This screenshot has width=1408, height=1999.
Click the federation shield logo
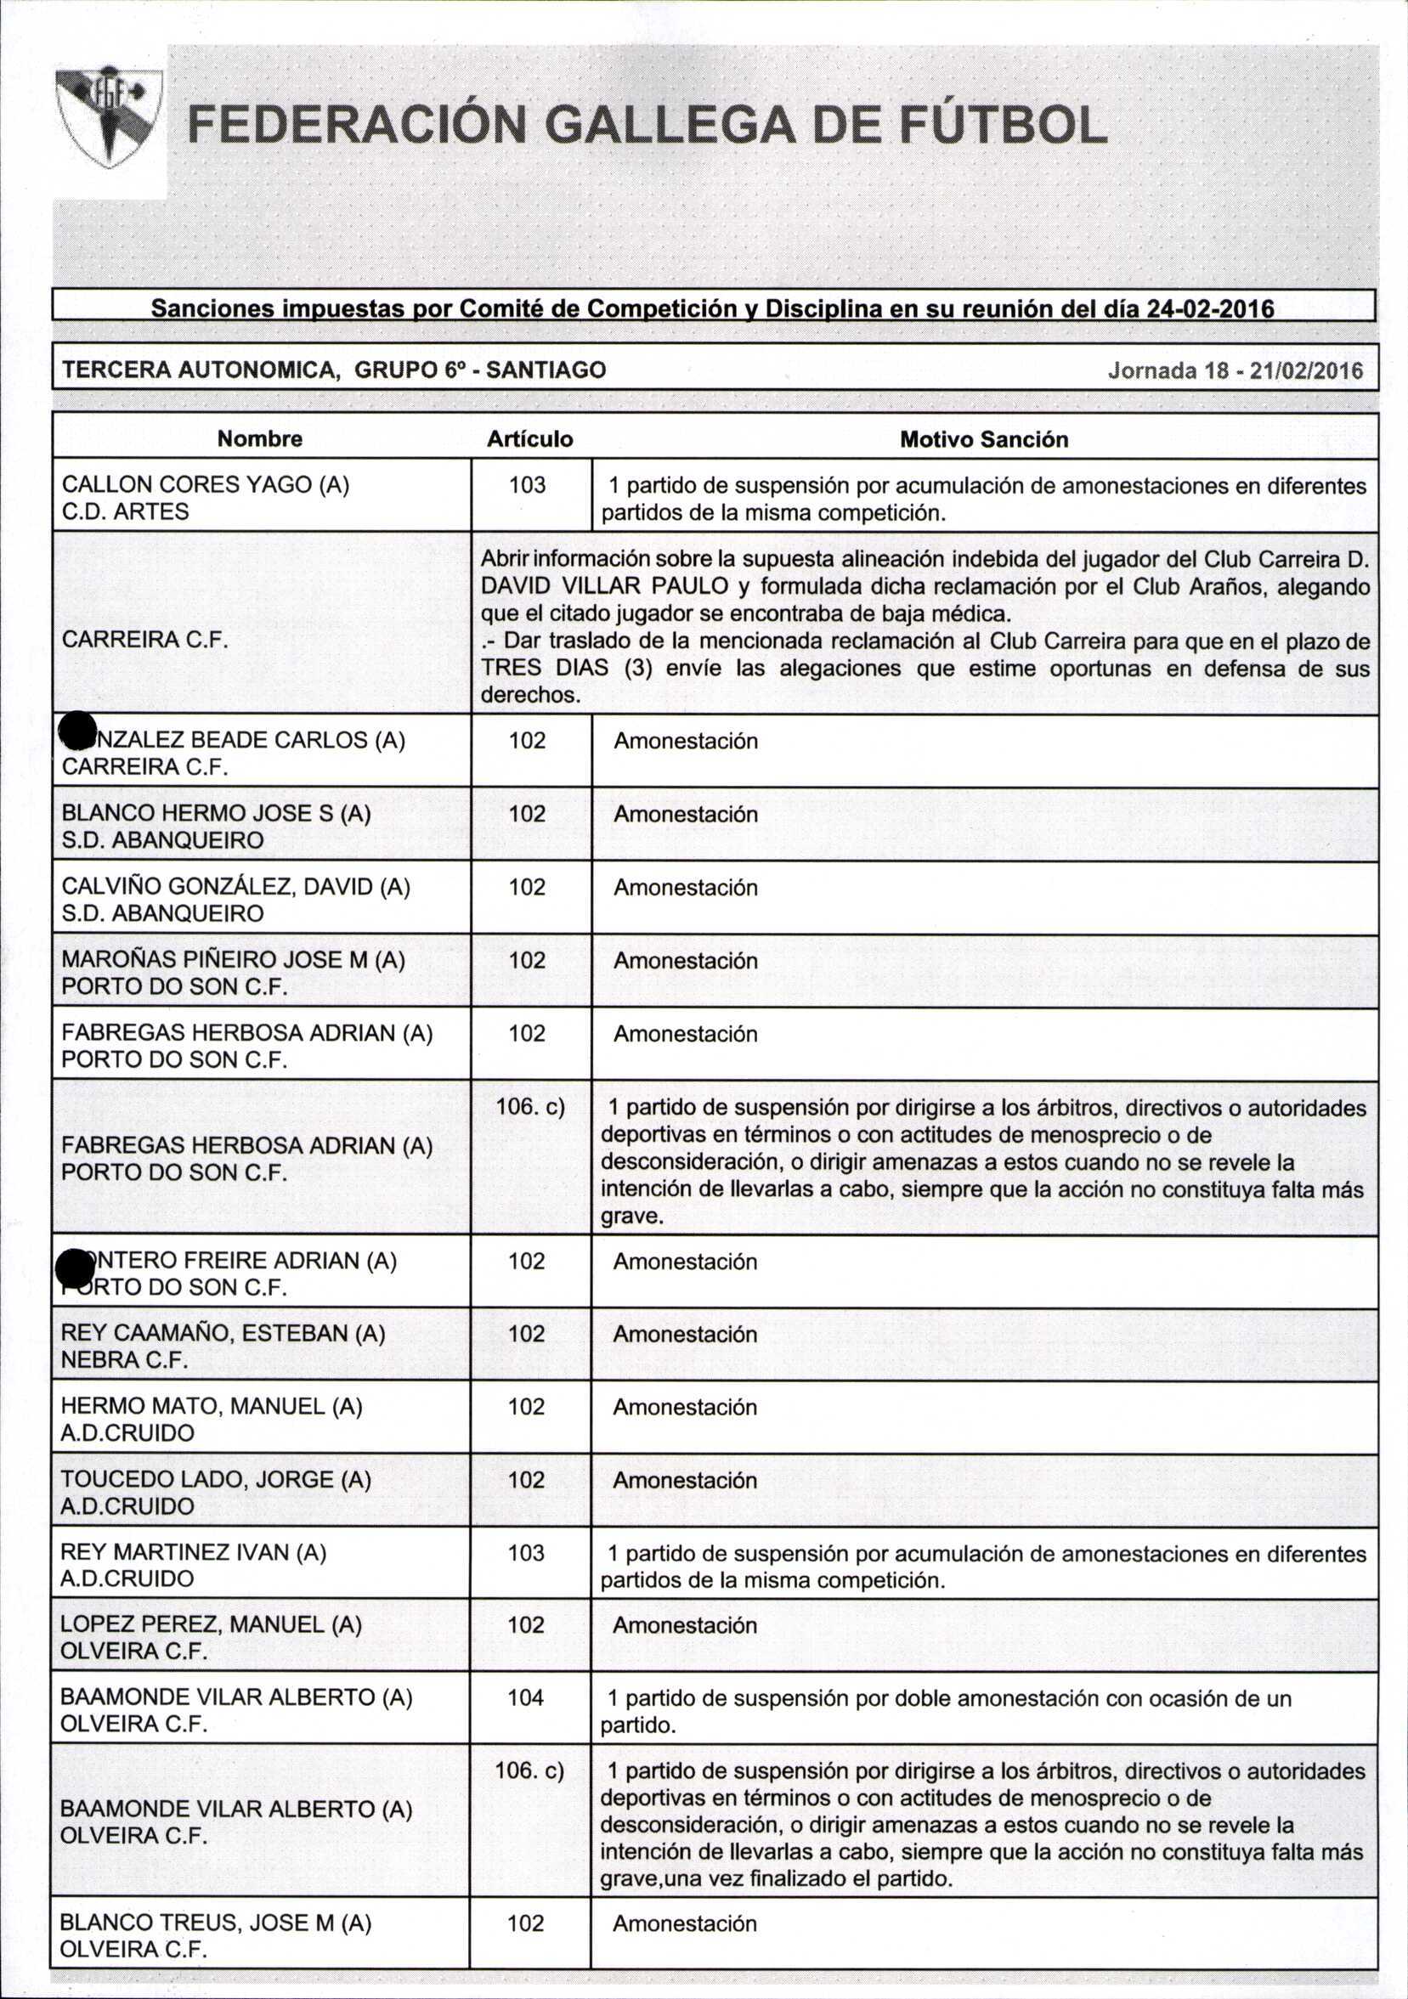pos(110,117)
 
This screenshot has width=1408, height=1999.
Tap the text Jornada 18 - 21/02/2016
pos(1235,371)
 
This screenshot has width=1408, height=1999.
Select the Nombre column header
pos(259,439)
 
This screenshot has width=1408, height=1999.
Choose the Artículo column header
pos(529,439)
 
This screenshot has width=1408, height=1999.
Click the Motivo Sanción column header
pos(984,440)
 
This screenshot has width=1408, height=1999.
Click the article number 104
pos(526,1696)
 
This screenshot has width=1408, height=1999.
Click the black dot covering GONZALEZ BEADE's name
pos(77,730)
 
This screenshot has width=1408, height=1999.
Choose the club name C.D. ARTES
pos(126,512)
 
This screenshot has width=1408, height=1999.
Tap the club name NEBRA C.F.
pos(124,1360)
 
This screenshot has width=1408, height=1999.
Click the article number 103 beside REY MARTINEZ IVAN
pos(526,1552)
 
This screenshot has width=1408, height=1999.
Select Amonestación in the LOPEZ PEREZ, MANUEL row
pos(684,1625)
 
